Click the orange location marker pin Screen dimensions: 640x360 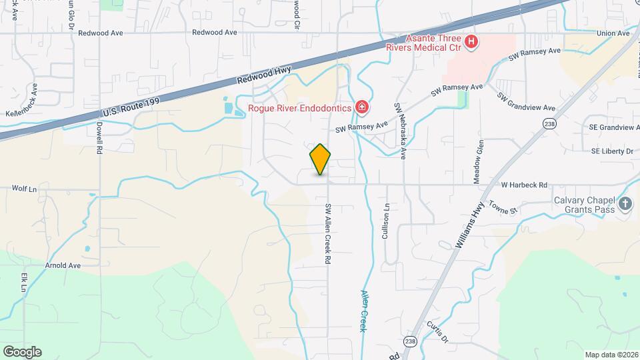320,159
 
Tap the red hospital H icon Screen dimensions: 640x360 471,43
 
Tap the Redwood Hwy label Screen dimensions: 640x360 263,74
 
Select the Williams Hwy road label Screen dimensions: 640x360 469,227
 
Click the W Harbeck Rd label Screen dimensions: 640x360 524,185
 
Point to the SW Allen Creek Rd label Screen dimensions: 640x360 328,226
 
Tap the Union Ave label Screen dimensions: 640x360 613,33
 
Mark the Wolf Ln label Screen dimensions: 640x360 23,189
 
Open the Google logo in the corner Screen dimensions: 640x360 22,351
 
